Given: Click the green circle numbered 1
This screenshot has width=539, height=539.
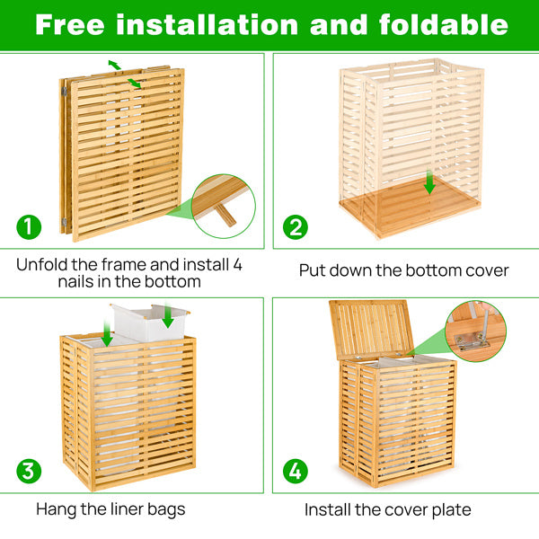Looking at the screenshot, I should tap(29, 226).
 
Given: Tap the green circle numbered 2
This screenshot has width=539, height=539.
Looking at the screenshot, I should tap(295, 227).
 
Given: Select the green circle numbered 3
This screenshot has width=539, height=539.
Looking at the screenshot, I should tap(29, 471).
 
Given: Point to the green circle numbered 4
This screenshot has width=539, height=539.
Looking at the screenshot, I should tap(295, 471).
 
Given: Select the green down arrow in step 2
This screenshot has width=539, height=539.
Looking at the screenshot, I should tap(429, 184).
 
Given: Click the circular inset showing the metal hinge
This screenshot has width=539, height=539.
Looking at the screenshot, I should tap(475, 331).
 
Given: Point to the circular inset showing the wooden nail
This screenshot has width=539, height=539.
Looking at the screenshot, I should tap(223, 206).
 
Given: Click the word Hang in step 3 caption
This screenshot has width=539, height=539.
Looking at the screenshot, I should tap(56, 509).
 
